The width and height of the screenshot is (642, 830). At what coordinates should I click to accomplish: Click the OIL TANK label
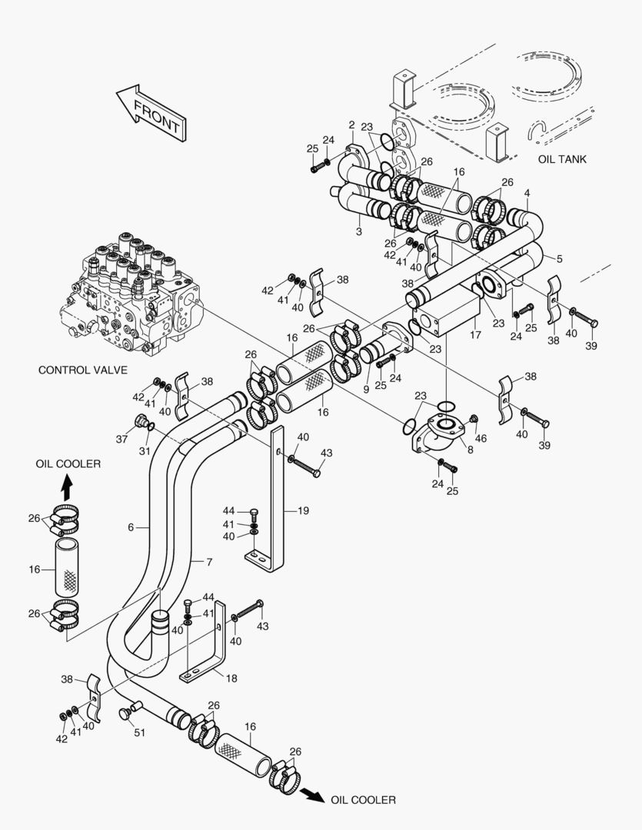click(561, 159)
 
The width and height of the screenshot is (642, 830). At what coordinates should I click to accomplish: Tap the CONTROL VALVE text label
click(82, 370)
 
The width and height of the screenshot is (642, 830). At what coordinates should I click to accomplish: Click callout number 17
click(474, 334)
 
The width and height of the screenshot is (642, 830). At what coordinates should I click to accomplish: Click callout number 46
click(481, 438)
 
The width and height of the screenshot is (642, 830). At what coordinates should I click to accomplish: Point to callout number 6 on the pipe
click(131, 527)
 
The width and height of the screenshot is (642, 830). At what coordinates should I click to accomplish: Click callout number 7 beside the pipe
click(208, 562)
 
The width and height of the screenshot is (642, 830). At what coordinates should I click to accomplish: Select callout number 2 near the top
click(351, 125)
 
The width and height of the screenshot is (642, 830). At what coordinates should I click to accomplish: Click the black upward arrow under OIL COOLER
click(68, 486)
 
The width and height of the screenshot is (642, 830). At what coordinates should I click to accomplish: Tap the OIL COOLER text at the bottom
click(363, 800)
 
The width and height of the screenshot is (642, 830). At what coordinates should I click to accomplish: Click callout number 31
click(144, 451)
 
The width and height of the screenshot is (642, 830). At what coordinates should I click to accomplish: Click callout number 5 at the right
click(558, 259)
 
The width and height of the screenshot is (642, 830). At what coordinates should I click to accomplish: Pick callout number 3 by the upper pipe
click(358, 231)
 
